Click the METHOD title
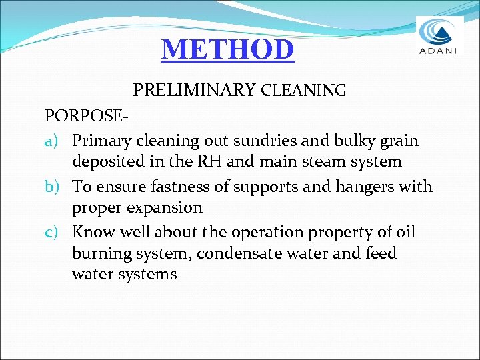click(x=227, y=49)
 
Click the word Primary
click(x=101, y=141)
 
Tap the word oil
click(x=405, y=233)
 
